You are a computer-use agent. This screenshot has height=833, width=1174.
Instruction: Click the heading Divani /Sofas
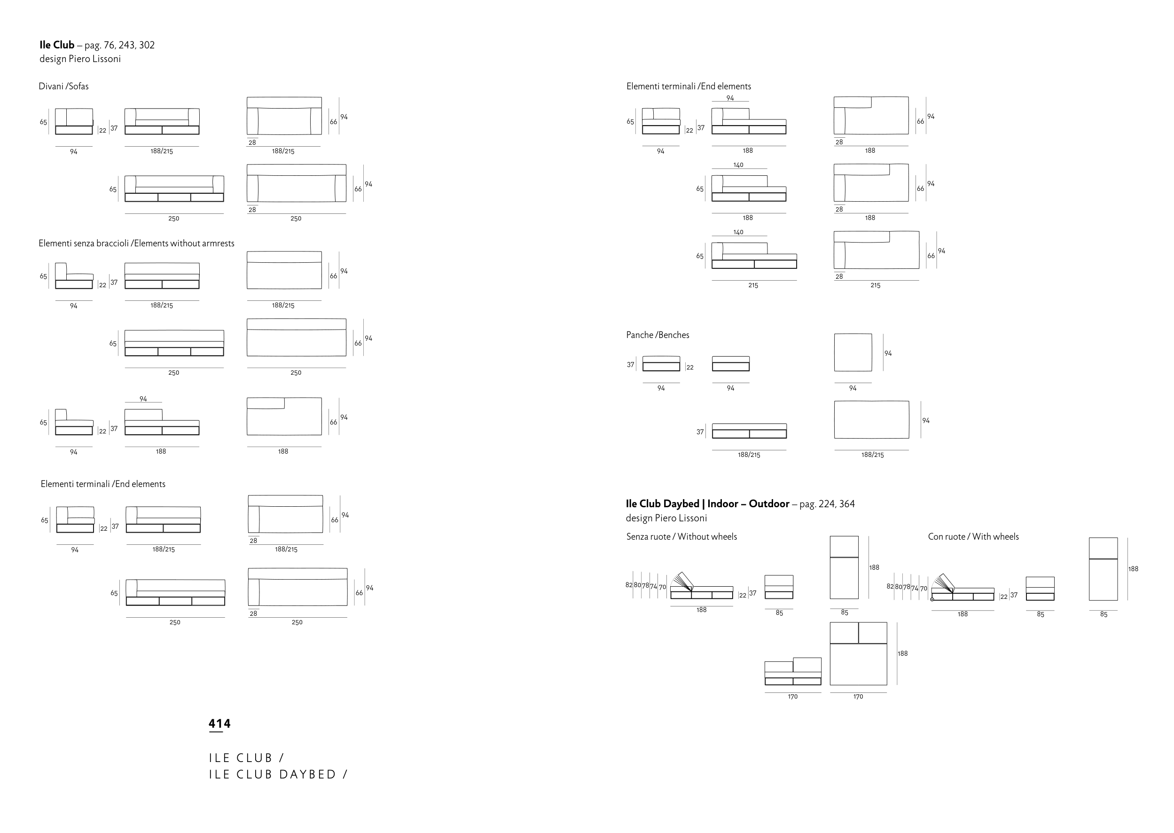click(x=63, y=86)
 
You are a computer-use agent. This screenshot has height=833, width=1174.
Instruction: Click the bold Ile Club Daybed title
click(x=707, y=503)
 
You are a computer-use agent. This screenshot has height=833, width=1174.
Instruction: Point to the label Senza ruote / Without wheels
click(x=681, y=536)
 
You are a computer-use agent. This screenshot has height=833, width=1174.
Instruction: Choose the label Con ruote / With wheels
click(x=973, y=536)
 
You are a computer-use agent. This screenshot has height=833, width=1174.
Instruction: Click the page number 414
click(x=219, y=724)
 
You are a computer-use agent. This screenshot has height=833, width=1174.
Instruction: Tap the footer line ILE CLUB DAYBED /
click(x=278, y=775)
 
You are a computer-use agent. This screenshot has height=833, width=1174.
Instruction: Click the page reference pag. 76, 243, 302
click(x=119, y=45)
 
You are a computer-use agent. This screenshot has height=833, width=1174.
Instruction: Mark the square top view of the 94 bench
click(x=853, y=353)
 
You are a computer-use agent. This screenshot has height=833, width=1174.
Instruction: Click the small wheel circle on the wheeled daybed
click(x=932, y=599)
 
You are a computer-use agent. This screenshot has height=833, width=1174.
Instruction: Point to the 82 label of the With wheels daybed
click(x=890, y=586)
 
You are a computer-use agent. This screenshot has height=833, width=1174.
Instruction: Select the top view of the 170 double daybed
click(x=858, y=653)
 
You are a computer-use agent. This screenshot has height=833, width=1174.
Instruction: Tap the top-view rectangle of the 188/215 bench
click(x=871, y=420)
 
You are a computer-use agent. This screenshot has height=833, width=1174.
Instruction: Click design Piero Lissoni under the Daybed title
click(x=666, y=518)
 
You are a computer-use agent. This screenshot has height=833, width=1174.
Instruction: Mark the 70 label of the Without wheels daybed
click(x=662, y=587)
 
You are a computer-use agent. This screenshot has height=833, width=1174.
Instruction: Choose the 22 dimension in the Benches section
click(x=690, y=367)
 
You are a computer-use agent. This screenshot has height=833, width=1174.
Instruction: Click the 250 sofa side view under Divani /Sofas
click(x=174, y=189)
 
